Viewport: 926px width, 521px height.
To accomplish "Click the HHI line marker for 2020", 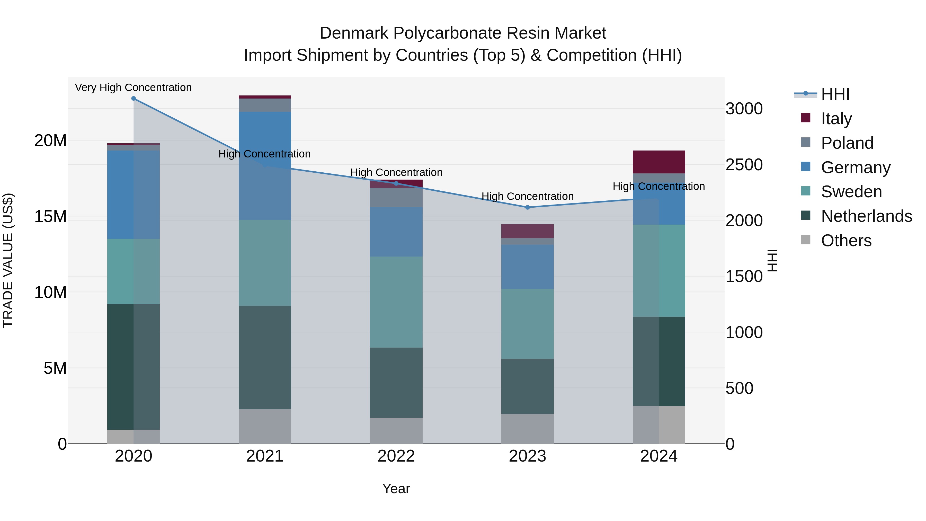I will click(133, 99).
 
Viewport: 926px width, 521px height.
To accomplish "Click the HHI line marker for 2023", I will click(527, 207).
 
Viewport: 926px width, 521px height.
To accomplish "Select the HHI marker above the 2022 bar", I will click(396, 183).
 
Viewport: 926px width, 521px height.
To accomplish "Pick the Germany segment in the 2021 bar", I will click(265, 165).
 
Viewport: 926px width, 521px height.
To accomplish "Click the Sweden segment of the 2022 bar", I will click(396, 302).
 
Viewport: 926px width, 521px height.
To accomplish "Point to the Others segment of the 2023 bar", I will click(527, 429).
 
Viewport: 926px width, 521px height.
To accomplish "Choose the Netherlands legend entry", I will click(866, 216).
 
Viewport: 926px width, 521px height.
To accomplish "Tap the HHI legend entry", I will click(835, 94).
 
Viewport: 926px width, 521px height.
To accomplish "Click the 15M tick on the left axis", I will click(50, 216).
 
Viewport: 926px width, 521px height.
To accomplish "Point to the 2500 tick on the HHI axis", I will click(744, 165).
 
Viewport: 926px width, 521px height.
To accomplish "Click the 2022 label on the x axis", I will click(396, 456).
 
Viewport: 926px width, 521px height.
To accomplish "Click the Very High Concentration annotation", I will click(133, 87).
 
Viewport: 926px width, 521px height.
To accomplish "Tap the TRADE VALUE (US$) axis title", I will click(8, 260).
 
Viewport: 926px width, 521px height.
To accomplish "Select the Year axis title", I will click(396, 489).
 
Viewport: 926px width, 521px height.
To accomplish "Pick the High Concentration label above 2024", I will click(658, 186).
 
